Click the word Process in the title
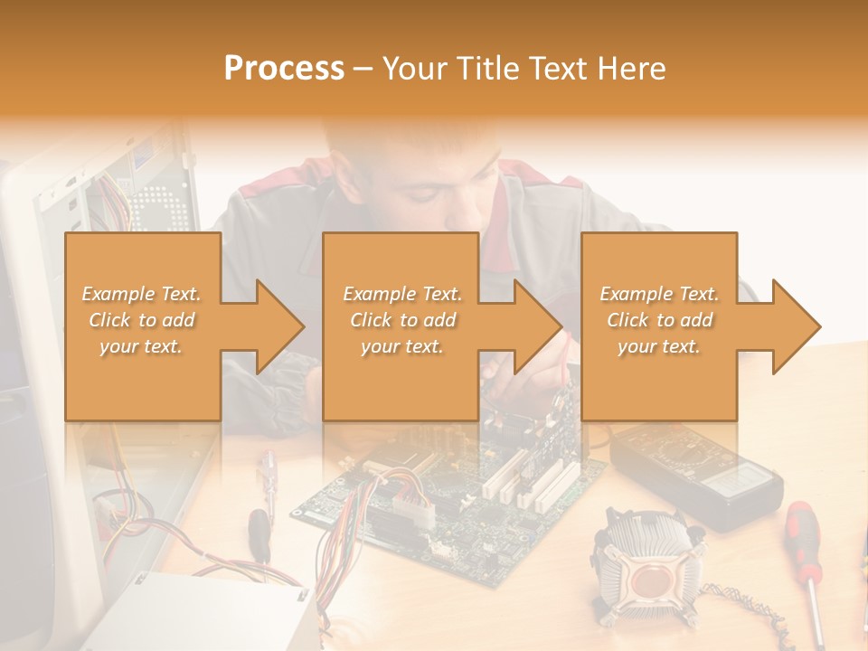click(x=284, y=69)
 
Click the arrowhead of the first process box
click(x=280, y=326)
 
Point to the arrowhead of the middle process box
click(x=538, y=326)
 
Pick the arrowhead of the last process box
click(x=797, y=326)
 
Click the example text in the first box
click(x=141, y=320)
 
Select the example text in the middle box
click(x=402, y=320)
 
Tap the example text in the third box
click(x=659, y=320)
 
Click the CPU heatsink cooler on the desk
click(x=647, y=569)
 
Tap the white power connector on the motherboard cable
click(x=413, y=509)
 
